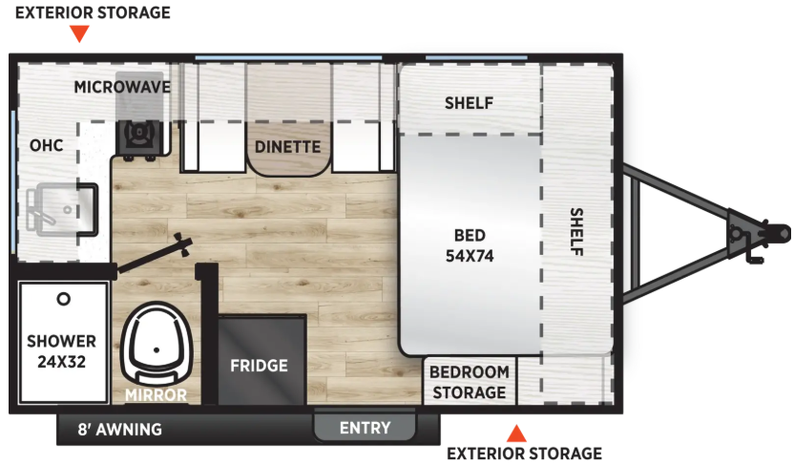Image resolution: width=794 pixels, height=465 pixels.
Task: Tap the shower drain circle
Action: point(63,299)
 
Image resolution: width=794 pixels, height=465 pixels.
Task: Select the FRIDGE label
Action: point(259,365)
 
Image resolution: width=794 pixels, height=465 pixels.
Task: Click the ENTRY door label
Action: point(366,428)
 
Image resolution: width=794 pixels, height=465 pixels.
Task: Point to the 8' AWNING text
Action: point(120,430)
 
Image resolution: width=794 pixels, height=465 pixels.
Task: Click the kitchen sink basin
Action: point(62,210)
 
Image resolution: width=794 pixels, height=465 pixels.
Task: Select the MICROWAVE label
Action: point(122,87)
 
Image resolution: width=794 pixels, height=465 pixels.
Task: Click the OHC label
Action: point(47,145)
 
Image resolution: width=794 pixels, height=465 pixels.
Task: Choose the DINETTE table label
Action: point(287,147)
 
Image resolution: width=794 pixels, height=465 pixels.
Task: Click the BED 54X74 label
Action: point(470,245)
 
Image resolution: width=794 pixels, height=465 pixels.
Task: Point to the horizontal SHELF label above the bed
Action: point(469,103)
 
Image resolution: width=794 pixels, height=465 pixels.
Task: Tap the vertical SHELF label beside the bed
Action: point(576,231)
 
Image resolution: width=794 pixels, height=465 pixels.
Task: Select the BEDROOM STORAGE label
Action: point(470,382)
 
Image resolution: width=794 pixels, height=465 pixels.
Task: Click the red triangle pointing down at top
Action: point(79,34)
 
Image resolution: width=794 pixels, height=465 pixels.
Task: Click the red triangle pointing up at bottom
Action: point(516,433)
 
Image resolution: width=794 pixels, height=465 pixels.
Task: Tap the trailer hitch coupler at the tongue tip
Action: point(774,234)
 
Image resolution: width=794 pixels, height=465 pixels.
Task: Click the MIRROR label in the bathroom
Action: point(156,394)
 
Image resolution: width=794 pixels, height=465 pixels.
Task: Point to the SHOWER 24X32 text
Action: point(61,351)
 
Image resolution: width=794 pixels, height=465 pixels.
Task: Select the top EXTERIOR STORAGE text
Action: point(93,12)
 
